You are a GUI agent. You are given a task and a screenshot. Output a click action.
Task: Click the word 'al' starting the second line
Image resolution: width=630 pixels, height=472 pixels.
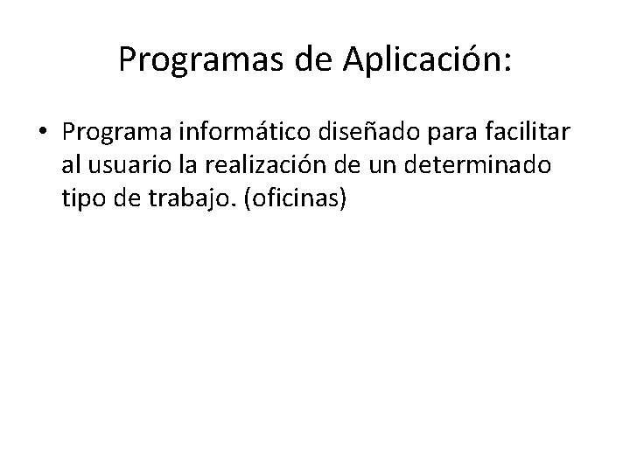(x=73, y=165)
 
